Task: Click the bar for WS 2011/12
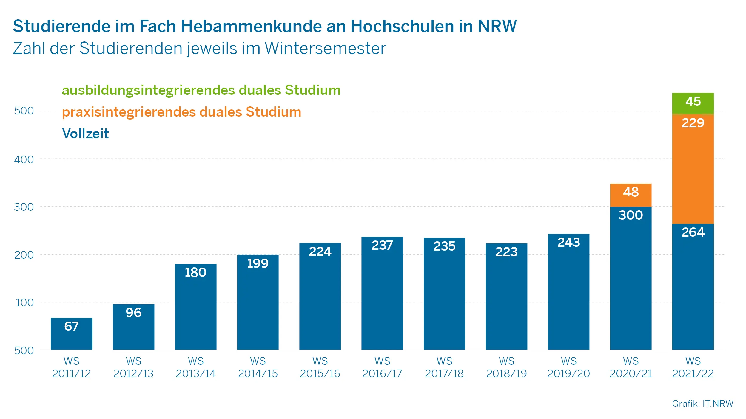[x=71, y=334]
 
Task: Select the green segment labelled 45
[x=693, y=103]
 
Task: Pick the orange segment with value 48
[x=631, y=195]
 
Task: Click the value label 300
[x=631, y=215]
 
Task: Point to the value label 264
[x=693, y=232]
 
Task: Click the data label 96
[x=133, y=313]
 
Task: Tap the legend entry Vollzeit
[x=85, y=134]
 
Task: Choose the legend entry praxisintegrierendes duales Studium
[x=181, y=112]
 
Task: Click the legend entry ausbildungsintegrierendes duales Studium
[x=201, y=90]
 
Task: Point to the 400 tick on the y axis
[x=24, y=159]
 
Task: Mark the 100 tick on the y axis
[x=24, y=302]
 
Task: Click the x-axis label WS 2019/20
[x=568, y=367]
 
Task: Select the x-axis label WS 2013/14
[x=195, y=367]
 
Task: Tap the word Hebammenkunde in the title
[x=251, y=26]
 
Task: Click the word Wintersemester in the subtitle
[x=325, y=48]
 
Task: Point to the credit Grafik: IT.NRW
[x=702, y=404]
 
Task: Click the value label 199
[x=258, y=263]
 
